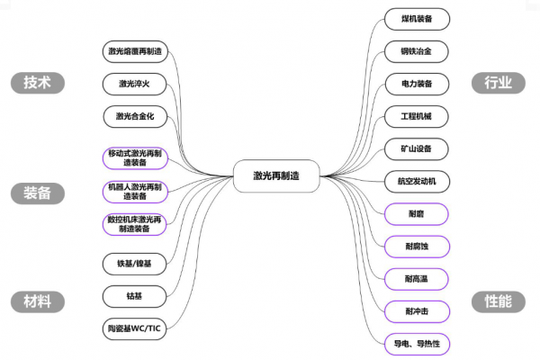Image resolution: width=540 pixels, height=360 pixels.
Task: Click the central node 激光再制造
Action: tap(276, 176)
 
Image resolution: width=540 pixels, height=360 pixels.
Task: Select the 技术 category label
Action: tap(43, 83)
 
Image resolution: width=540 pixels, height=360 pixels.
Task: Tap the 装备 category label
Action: tap(43, 193)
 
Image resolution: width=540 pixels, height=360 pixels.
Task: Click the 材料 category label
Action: tap(43, 301)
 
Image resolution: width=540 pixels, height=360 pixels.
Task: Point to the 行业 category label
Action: tap(498, 83)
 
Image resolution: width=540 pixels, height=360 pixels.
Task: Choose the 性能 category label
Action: tap(498, 301)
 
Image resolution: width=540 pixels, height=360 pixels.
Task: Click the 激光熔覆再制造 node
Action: tap(135, 51)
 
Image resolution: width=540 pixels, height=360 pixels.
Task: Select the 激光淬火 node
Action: tap(135, 85)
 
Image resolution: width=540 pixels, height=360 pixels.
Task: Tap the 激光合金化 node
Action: tap(135, 117)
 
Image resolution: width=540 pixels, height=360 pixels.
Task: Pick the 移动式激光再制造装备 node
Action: tap(135, 158)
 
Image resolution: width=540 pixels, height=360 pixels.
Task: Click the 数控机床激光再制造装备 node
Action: tap(135, 224)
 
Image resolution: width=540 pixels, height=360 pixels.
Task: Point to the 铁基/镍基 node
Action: tap(135, 264)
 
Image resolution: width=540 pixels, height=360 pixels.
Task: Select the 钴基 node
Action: tap(135, 296)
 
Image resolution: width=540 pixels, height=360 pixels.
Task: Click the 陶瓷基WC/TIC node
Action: tap(135, 329)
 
